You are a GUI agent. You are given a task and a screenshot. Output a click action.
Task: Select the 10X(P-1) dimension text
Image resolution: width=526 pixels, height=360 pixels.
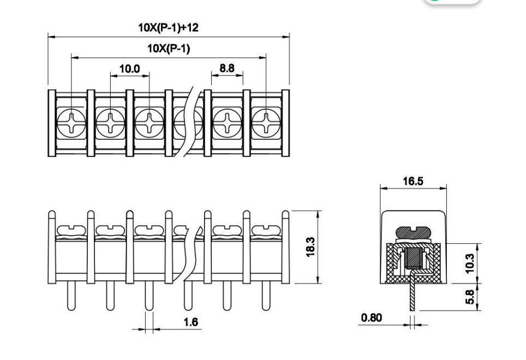pyautogui.click(x=168, y=49)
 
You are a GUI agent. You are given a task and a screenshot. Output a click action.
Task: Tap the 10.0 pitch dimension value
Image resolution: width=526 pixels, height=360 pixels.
pyautogui.click(x=129, y=69)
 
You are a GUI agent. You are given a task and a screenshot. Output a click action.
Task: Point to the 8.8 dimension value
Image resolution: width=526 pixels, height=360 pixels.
pyautogui.click(x=226, y=68)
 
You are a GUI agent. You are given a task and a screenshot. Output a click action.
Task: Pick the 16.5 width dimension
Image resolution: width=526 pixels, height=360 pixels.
pyautogui.click(x=413, y=182)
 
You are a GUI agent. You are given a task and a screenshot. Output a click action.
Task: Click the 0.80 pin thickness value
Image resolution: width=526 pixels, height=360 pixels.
pyautogui.click(x=372, y=317)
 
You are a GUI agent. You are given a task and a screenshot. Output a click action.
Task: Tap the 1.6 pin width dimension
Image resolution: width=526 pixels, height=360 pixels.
pyautogui.click(x=190, y=322)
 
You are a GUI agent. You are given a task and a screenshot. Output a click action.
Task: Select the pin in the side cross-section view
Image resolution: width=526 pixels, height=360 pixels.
pyautogui.click(x=413, y=295)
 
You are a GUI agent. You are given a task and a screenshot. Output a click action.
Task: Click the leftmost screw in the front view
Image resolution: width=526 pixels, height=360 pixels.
pyautogui.click(x=71, y=231)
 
